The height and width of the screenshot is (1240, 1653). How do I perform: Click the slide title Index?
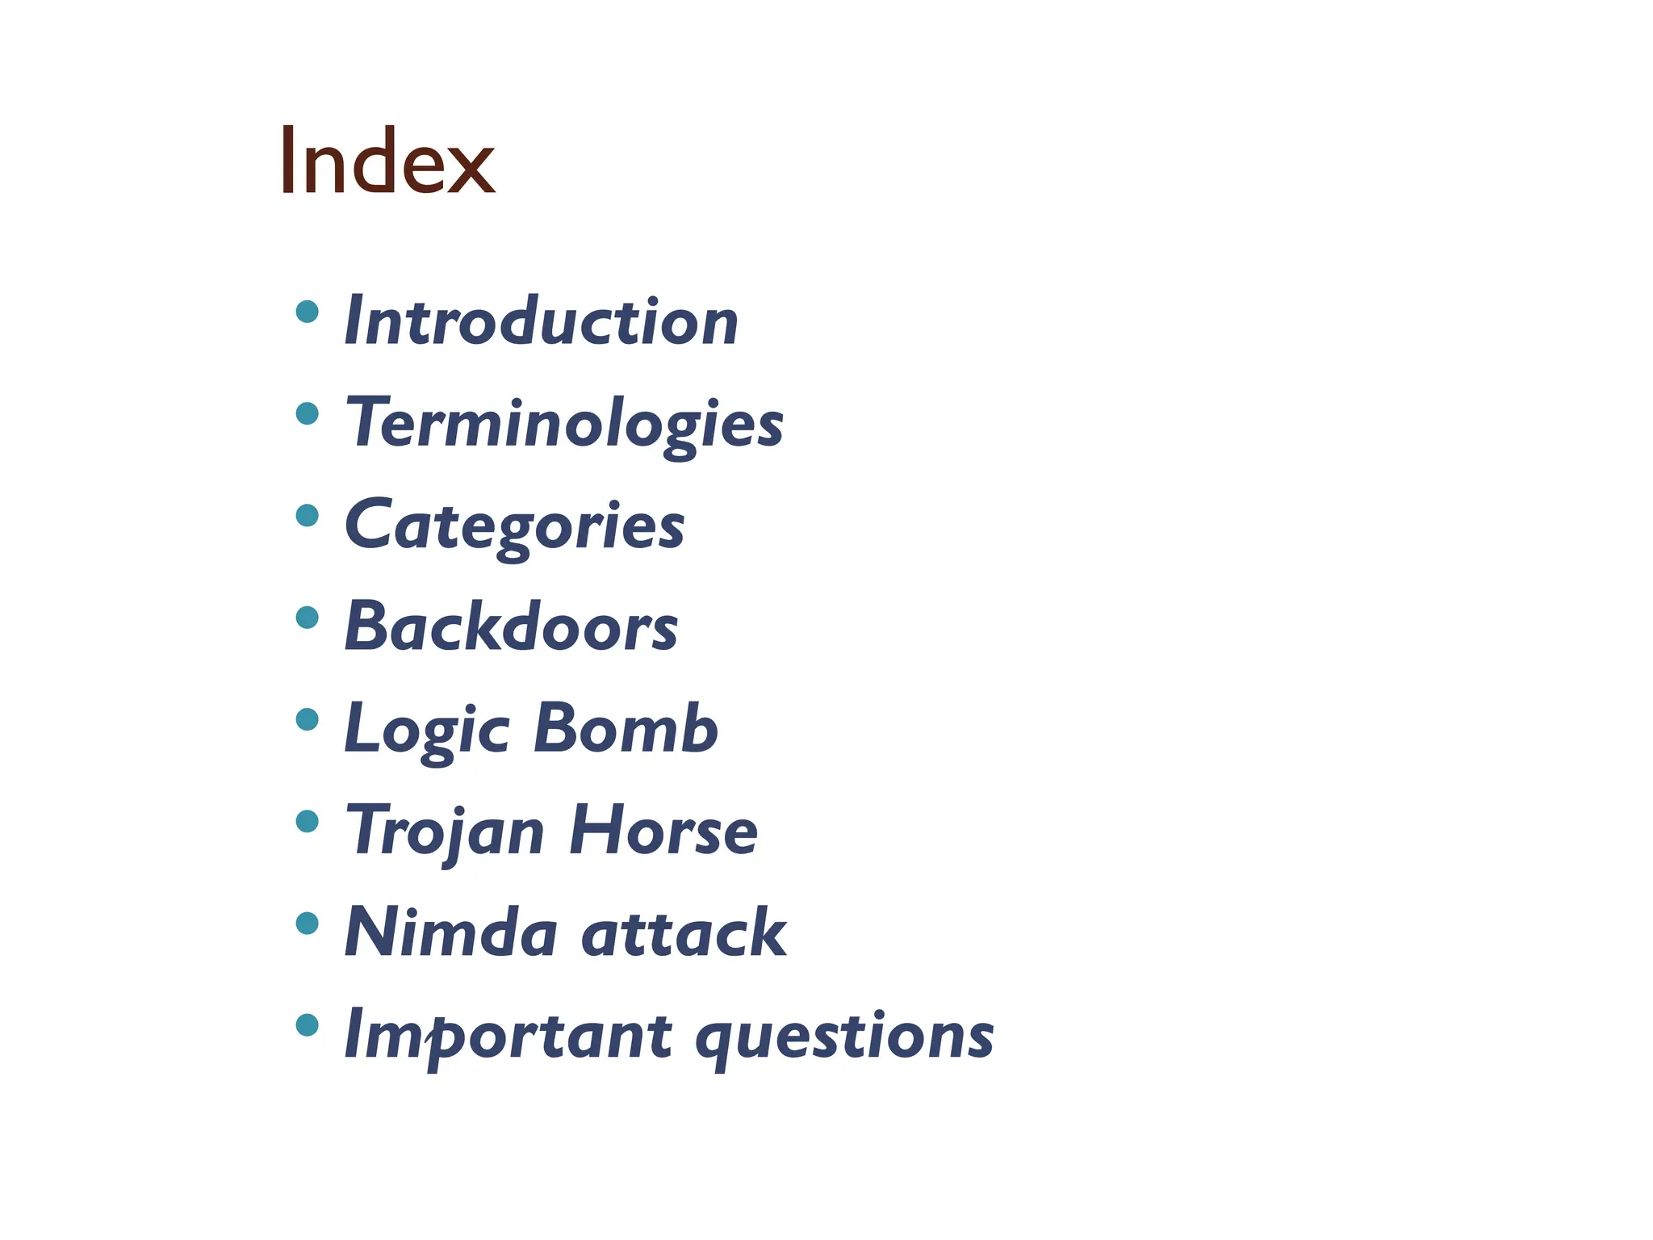(x=387, y=161)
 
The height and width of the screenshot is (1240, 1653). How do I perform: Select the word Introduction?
(x=541, y=321)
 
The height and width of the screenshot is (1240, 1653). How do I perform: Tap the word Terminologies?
(x=564, y=423)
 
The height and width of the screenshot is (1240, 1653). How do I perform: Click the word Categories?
(x=514, y=526)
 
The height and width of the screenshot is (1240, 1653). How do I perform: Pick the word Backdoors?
(x=511, y=627)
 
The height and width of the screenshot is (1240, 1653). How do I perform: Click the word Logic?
(x=427, y=729)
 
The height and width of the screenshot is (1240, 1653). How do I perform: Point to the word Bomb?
(x=626, y=729)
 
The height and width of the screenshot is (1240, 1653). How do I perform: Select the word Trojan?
(x=445, y=832)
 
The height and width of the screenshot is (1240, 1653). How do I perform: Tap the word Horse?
(x=663, y=832)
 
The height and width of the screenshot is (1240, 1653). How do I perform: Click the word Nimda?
(x=450, y=933)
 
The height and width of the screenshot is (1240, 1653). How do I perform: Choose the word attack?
(x=684, y=933)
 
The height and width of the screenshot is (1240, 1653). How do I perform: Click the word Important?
(x=508, y=1036)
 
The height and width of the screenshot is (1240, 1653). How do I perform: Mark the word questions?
(x=844, y=1036)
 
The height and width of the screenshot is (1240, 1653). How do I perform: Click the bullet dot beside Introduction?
(x=307, y=312)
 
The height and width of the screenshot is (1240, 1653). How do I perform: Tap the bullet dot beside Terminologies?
(x=307, y=413)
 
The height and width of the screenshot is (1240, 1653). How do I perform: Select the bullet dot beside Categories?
(x=307, y=515)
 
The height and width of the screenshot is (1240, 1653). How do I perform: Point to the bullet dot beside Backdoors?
(x=307, y=618)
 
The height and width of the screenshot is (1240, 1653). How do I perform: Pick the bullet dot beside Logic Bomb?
(x=307, y=719)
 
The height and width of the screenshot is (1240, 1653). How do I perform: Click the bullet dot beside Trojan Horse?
(x=307, y=822)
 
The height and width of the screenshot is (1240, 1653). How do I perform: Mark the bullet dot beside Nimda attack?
(x=307, y=924)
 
